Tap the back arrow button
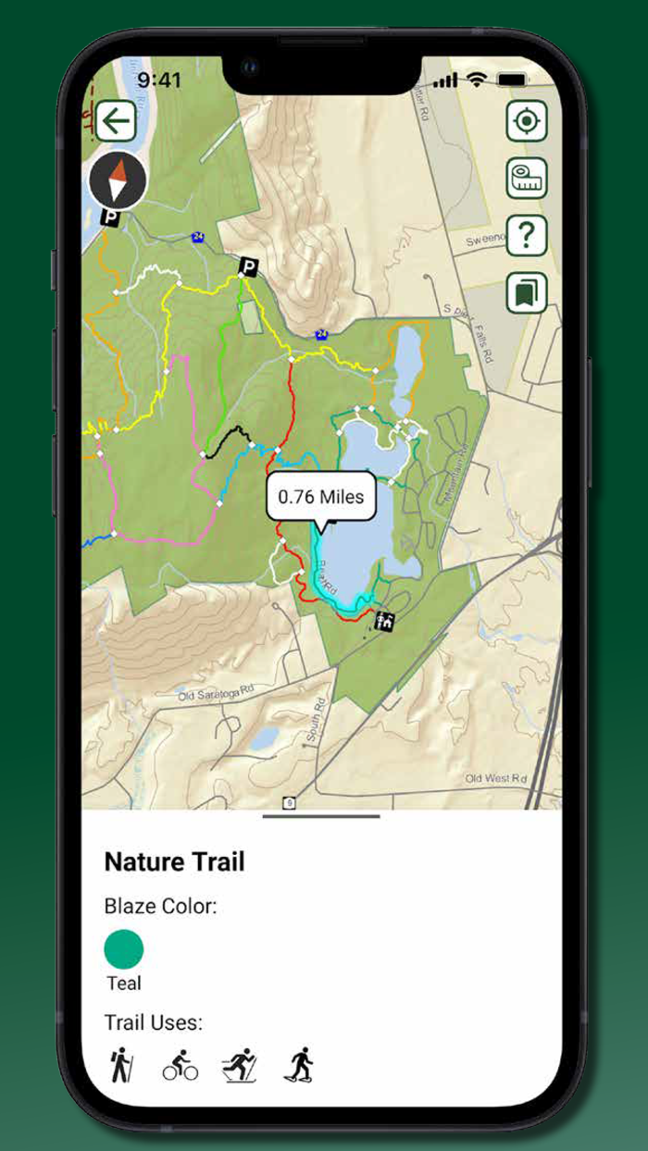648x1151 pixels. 116,120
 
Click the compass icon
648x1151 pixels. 118,180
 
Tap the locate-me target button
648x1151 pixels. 527,121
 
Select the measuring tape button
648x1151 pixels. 527,179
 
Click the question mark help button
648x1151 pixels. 527,236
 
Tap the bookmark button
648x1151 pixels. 527,293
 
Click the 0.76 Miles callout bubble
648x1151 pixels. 321,497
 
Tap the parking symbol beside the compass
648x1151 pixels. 111,218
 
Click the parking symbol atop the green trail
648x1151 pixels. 247,266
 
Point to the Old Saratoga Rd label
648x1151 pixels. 216,692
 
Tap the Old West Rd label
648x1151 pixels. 495,778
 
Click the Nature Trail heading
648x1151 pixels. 174,862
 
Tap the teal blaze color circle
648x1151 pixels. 124,949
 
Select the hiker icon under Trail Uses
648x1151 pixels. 119,1065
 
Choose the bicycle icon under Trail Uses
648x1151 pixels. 180,1066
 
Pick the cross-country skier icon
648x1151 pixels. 239,1066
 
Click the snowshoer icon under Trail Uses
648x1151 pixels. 298,1066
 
